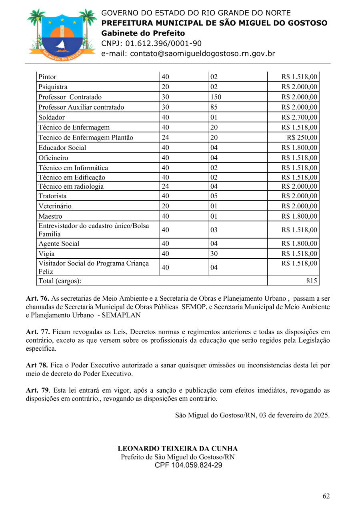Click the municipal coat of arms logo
point(62,34)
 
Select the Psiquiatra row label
point(53,87)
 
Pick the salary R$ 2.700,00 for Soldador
point(299,117)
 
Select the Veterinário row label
point(55,206)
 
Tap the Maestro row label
point(50,216)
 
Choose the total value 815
point(312,281)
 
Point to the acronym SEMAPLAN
point(121,315)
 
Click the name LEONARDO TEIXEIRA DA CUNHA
point(178,449)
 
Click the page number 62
point(326,496)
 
